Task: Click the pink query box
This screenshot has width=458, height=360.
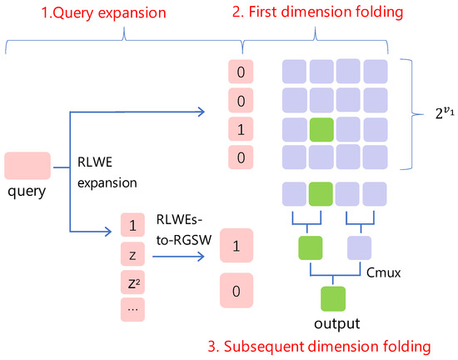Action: (x=27, y=165)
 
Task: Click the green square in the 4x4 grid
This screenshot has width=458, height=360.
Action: (x=321, y=130)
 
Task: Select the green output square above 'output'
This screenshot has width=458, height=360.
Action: (x=333, y=298)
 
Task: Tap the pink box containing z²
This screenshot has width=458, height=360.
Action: (x=132, y=282)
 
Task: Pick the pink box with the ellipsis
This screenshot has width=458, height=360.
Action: (x=132, y=310)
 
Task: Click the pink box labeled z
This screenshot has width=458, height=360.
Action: (x=132, y=254)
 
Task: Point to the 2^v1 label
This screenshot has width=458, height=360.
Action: (x=445, y=112)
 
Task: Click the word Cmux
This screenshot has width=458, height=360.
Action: (x=383, y=272)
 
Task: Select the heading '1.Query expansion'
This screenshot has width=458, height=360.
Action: (x=103, y=12)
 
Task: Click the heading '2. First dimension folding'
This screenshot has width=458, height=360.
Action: (x=317, y=12)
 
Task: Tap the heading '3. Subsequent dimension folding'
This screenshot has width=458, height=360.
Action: (x=319, y=347)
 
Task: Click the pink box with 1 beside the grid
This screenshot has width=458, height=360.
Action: (x=241, y=129)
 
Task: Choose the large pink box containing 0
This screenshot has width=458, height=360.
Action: (x=236, y=290)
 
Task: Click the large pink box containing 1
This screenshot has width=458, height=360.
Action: (x=236, y=246)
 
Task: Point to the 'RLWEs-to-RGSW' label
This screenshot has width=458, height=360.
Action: (x=184, y=230)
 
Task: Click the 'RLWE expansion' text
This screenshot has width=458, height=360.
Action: (x=107, y=172)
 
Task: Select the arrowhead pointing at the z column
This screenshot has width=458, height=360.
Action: (x=108, y=232)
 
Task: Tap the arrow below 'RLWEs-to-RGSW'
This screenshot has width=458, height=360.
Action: (x=178, y=257)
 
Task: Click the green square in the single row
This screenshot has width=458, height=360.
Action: (x=321, y=193)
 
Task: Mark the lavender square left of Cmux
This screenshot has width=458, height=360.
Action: (x=359, y=247)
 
